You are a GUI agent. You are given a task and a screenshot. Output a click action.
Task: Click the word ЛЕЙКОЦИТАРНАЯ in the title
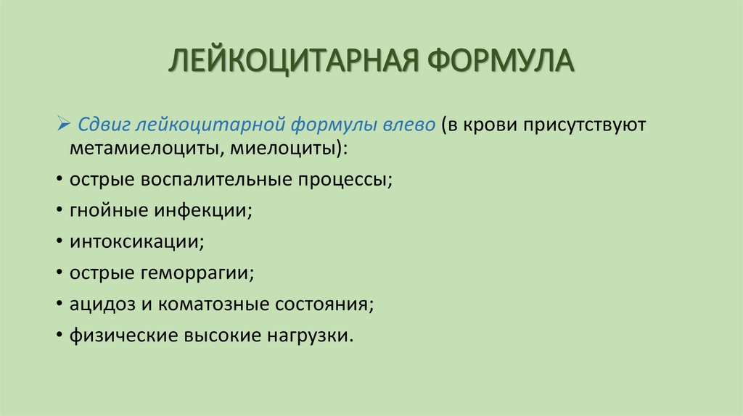point(294,62)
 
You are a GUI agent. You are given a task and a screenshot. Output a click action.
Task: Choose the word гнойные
point(108,211)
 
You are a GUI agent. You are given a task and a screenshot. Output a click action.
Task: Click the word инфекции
point(202,211)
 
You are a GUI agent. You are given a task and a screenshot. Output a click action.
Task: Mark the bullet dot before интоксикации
point(57,243)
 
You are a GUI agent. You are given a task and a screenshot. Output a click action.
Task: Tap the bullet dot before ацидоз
point(57,305)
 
